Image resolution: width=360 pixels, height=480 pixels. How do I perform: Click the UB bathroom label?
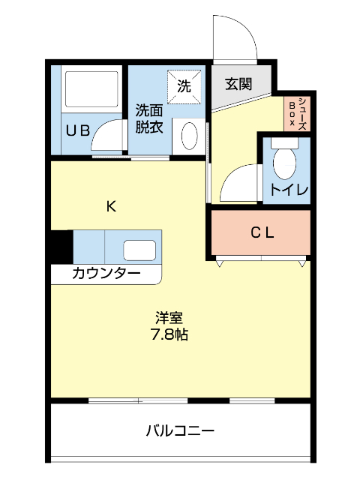tap(77, 130)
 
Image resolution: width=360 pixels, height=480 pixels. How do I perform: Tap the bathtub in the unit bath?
tap(91, 90)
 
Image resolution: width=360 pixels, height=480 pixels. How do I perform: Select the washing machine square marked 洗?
tap(184, 85)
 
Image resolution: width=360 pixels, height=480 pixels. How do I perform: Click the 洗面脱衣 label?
tap(148, 118)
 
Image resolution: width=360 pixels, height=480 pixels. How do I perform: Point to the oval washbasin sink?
tap(189, 136)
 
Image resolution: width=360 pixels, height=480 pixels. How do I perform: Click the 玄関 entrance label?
tap(238, 83)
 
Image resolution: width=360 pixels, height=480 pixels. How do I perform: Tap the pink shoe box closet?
tap(298, 115)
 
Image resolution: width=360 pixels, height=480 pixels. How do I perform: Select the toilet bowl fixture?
tap(285, 160)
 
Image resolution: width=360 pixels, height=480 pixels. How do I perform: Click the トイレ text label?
tap(289, 190)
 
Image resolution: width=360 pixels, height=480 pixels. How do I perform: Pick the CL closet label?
tap(262, 232)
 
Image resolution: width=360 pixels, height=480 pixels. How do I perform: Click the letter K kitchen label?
tap(110, 207)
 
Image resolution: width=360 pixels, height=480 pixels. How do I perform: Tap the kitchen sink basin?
tap(139, 249)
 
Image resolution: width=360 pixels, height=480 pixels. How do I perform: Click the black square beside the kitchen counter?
tap(61, 246)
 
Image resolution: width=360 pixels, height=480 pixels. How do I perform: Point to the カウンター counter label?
tap(106, 273)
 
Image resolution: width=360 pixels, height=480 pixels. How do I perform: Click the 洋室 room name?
tap(169, 318)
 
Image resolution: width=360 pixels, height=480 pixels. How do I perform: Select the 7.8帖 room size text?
tap(169, 335)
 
